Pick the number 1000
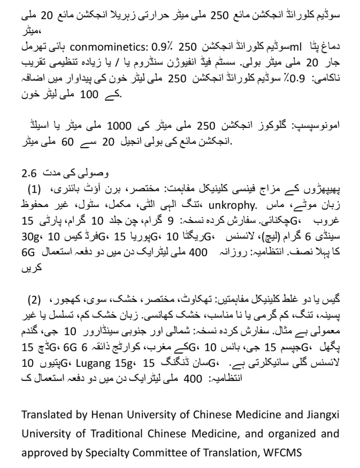tap(124, 126)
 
